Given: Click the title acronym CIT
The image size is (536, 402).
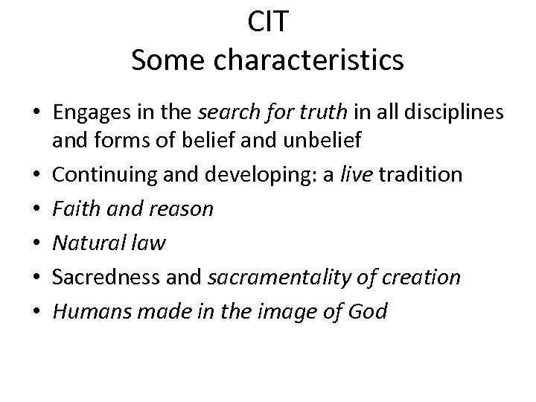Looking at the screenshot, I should (268, 22).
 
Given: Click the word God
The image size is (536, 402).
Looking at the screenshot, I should (368, 311).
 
